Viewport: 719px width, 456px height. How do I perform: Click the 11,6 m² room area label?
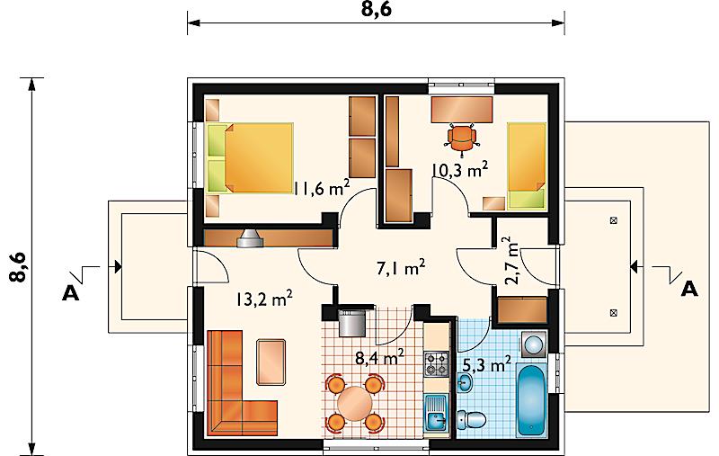[x=322, y=188]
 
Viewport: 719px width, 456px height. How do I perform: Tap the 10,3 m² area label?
[x=460, y=170]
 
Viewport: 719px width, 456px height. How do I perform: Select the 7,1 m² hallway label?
[x=401, y=267]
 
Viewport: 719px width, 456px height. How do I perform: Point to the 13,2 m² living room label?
[x=264, y=300]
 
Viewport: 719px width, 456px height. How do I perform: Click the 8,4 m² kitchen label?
[x=379, y=357]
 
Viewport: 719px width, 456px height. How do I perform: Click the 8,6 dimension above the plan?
[x=377, y=9]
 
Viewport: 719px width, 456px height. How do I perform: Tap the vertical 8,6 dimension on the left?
[x=19, y=266]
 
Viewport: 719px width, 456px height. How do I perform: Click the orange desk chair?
[x=461, y=137]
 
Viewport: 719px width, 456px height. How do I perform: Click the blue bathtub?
[x=531, y=399]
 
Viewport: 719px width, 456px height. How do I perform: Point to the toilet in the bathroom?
[x=472, y=419]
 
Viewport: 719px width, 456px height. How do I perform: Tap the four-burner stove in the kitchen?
[x=436, y=364]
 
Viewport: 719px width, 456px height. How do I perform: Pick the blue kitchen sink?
[x=437, y=413]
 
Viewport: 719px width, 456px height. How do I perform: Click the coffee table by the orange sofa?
[x=271, y=362]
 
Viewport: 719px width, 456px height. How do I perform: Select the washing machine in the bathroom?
[x=533, y=344]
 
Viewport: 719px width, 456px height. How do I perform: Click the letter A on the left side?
[x=70, y=293]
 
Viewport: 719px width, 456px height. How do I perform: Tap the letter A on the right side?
[x=689, y=289]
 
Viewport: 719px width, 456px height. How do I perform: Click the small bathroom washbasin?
[x=465, y=382]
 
